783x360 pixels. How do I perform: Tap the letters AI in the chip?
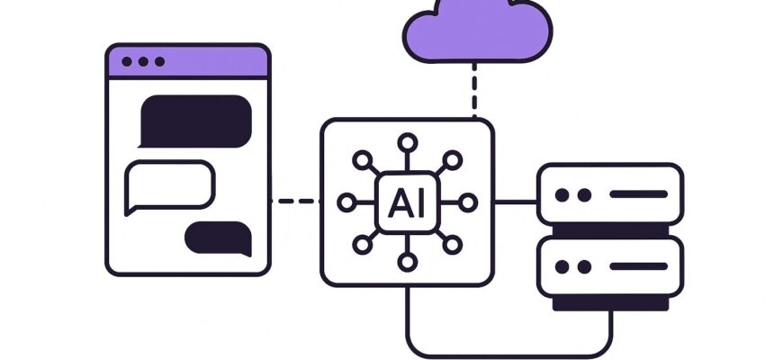pos(407,202)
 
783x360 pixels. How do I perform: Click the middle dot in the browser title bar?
pos(143,61)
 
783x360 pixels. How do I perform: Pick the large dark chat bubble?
pos(194,119)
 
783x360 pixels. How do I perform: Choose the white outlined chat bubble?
pos(169,184)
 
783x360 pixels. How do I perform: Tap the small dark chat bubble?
pos(218,237)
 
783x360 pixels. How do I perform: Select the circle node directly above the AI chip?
pos(407,141)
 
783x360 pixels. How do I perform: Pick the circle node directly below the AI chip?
pos(407,263)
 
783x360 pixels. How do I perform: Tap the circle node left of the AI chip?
pos(347,202)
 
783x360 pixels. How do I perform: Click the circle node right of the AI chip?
pos(467,202)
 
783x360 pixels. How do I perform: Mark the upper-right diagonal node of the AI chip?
pos(451,160)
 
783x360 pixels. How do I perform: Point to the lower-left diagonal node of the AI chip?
pos(363,244)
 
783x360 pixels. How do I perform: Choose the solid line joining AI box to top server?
pos(516,202)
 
